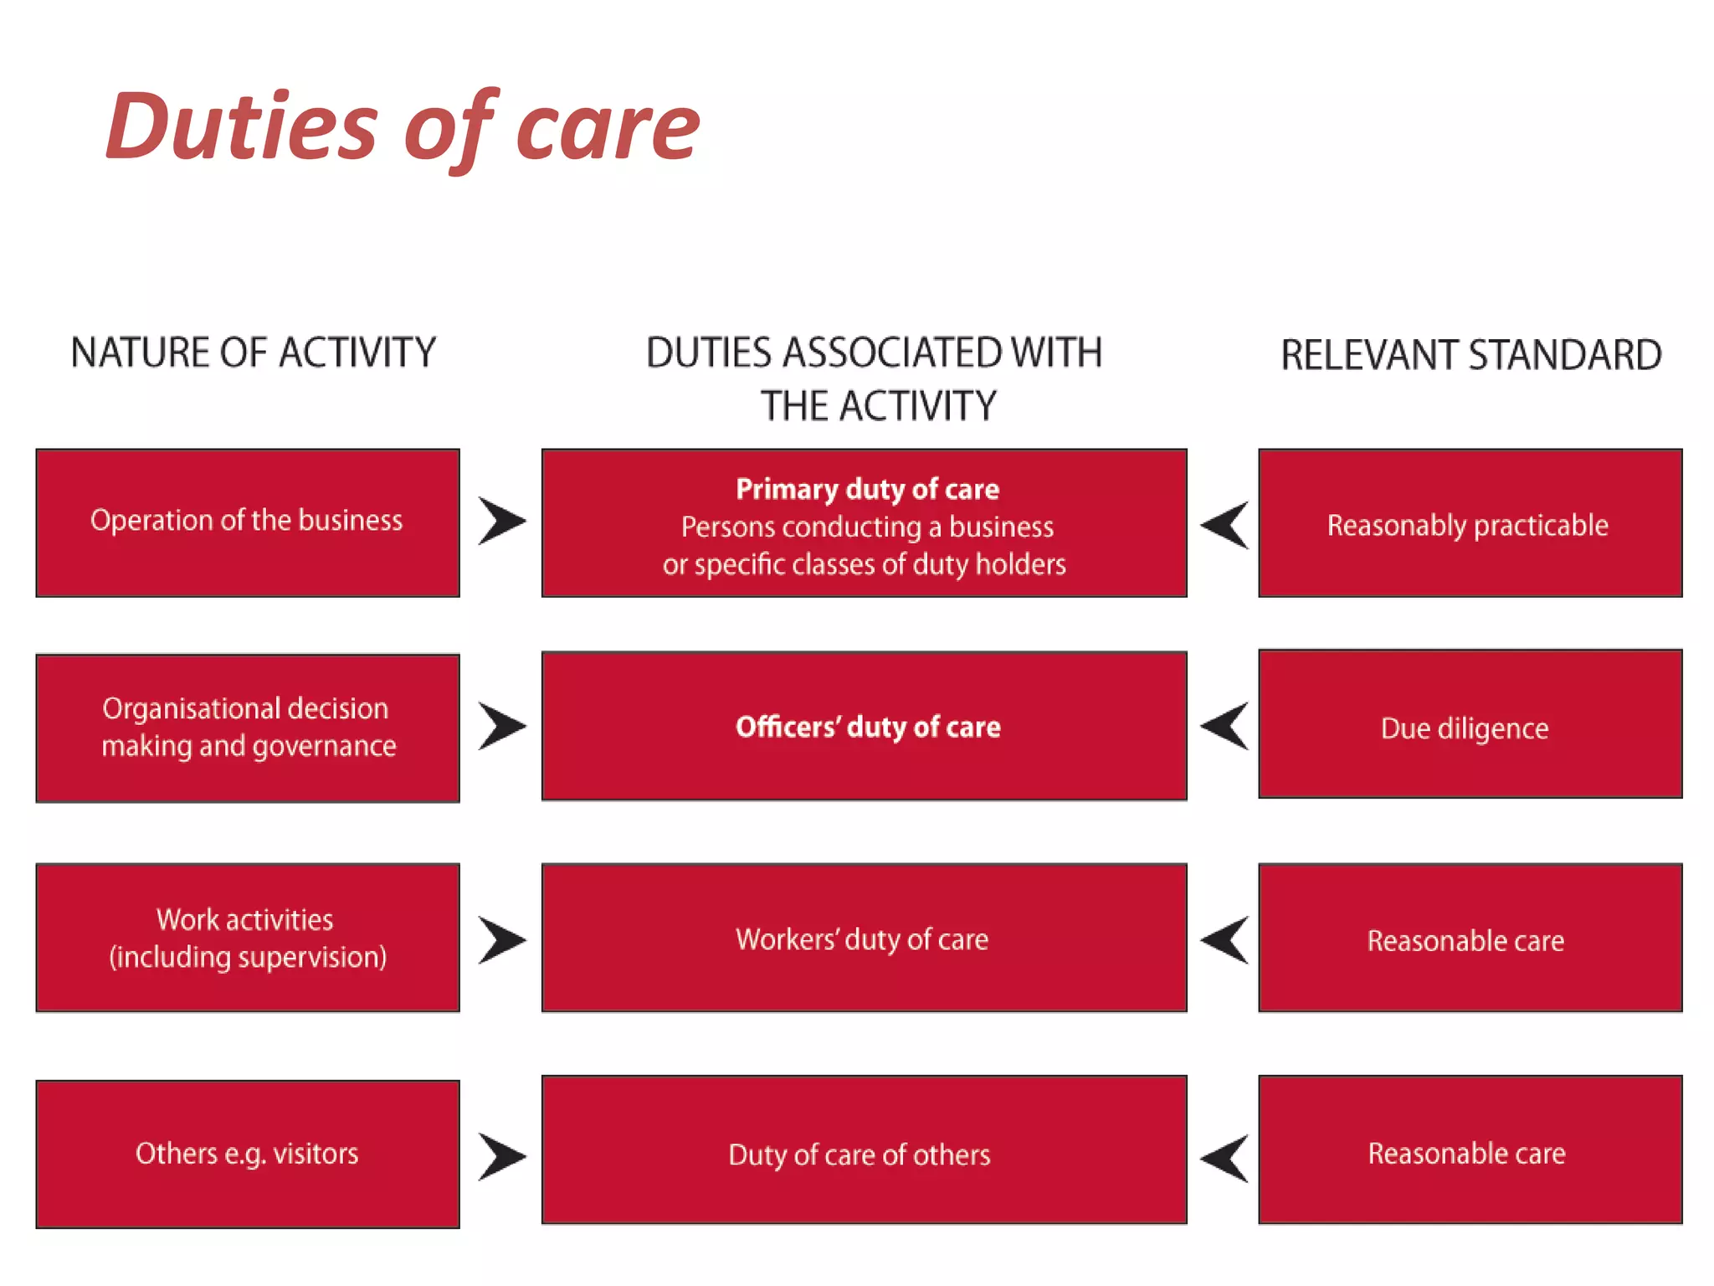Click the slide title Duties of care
coord(402,127)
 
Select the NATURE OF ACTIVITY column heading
coord(253,352)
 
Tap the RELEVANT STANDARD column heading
coord(1470,355)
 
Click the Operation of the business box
coord(247,522)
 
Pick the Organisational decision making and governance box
coord(247,728)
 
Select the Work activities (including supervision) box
coord(247,938)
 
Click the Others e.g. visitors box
coord(247,1154)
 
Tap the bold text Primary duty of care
coord(867,489)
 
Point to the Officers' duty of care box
coord(864,726)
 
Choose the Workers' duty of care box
coord(864,939)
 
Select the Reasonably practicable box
coord(1470,524)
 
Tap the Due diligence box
coord(1470,725)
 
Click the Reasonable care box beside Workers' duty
coord(1470,939)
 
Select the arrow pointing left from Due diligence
coord(1225,726)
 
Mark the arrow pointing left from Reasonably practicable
coord(1225,525)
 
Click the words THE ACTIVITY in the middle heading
coord(878,406)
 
